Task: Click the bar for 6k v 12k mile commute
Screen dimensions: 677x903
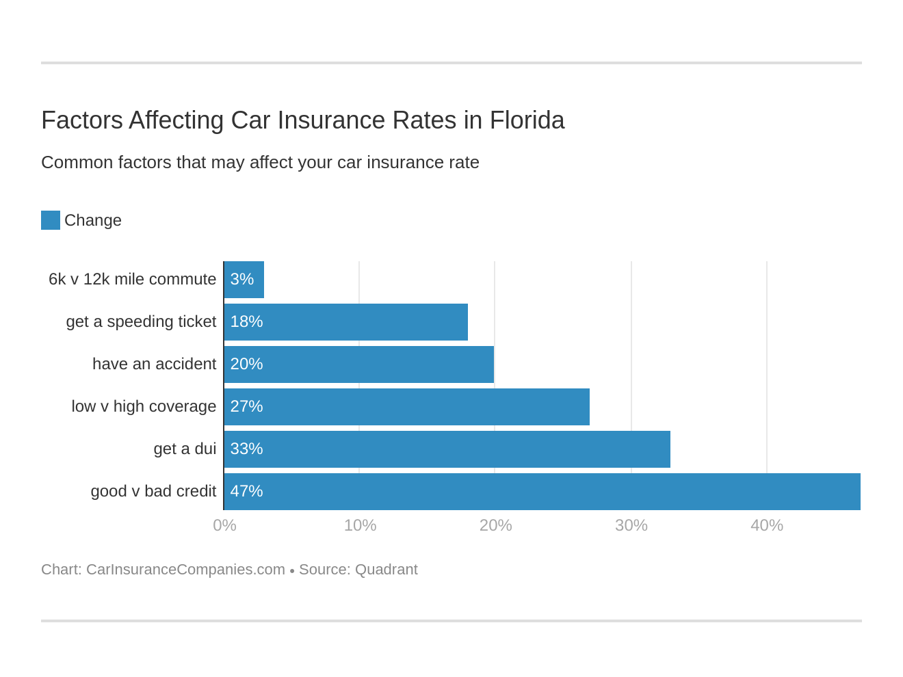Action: [x=244, y=280]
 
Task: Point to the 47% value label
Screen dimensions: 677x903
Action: [x=246, y=492]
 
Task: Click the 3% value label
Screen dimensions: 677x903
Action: [x=241, y=280]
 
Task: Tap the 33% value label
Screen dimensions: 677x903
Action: [x=246, y=449]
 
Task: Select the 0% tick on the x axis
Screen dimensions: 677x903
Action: [x=224, y=525]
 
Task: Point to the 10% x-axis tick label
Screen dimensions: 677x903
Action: [x=360, y=525]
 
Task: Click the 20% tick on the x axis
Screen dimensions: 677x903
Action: [x=495, y=525]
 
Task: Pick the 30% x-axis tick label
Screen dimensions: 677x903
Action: [x=631, y=525]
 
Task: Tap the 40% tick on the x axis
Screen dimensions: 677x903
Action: [x=766, y=525]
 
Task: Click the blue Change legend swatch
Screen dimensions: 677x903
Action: [x=51, y=220]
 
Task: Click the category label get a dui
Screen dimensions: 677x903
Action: [x=185, y=449]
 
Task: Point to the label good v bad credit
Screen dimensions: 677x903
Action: [x=153, y=492]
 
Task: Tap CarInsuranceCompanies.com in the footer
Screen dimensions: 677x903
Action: [x=185, y=570]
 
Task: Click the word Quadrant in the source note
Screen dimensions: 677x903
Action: [x=386, y=570]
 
